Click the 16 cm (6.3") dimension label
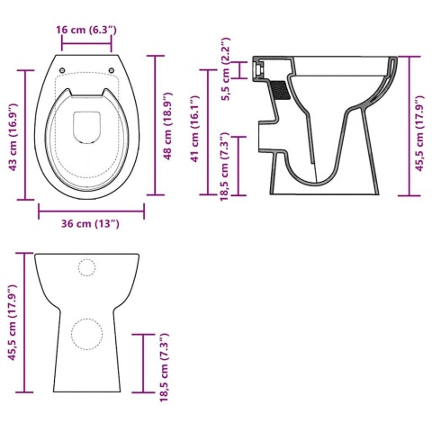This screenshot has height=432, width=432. coord(86,30)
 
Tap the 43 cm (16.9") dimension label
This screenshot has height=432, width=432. coord(13,137)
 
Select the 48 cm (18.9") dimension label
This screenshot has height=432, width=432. coord(167,126)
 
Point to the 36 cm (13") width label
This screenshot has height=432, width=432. coord(90,224)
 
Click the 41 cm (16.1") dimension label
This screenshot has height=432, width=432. coord(194,129)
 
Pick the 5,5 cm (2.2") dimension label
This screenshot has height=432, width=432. coord(225,69)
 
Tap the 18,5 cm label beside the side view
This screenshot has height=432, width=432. coord(225,166)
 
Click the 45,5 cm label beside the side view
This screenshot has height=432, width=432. coord(419,133)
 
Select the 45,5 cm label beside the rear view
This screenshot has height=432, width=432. coord(13,322)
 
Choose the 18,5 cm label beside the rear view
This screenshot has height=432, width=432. coord(164,367)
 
